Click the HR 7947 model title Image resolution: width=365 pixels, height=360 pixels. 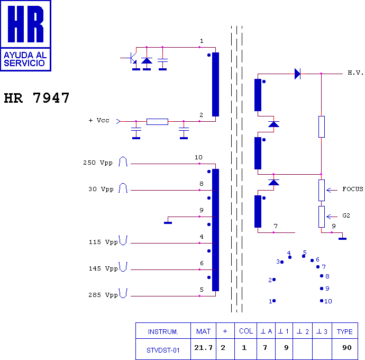tap(36, 97)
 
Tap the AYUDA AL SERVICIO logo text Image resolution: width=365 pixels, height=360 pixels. tap(25, 59)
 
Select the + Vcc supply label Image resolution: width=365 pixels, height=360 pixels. tap(99, 121)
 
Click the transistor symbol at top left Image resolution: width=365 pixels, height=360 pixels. tap(132, 58)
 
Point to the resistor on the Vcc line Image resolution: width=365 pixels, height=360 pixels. tap(157, 122)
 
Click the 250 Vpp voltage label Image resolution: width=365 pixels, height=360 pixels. tap(98, 163)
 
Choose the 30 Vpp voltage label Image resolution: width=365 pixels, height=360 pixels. tap(101, 189)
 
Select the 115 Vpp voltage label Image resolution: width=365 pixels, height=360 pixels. tap(103, 242)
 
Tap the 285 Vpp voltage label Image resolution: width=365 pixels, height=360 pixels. tap(103, 295)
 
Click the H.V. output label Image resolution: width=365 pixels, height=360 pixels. tap(355, 73)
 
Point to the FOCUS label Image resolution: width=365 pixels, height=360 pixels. tap(353, 189)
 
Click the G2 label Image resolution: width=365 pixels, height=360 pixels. tap(346, 215)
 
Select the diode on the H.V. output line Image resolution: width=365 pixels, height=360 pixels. tap(297, 74)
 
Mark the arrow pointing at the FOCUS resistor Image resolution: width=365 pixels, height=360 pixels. tap(332, 191)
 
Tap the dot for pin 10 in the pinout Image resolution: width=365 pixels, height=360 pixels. tap(322, 301)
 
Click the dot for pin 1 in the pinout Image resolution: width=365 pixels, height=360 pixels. tap(274, 301)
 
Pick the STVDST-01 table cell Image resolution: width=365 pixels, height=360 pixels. tap(163, 350)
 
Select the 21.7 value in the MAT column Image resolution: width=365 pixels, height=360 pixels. tap(204, 348)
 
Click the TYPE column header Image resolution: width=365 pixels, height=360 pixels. tap(345, 331)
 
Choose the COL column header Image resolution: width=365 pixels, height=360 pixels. tap(246, 331)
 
